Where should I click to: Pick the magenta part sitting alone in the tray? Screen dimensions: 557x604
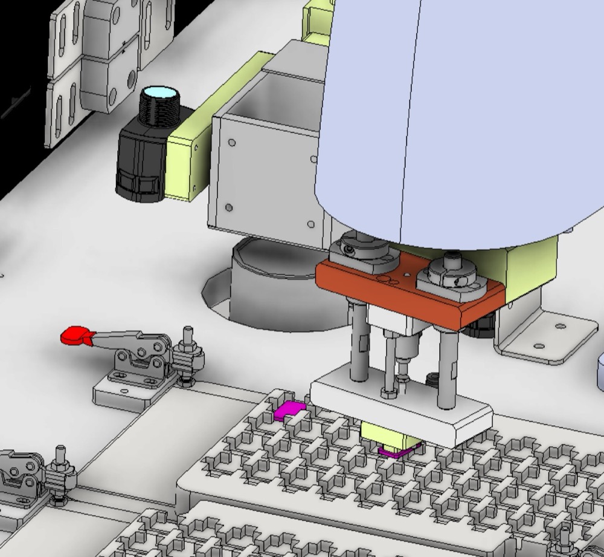tap(290, 411)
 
